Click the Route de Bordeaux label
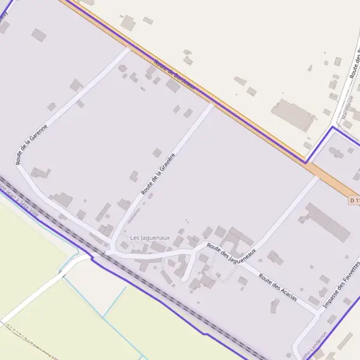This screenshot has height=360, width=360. coord(175,74)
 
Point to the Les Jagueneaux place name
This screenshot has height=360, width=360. coord(150,238)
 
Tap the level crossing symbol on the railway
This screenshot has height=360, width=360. coord(103,254)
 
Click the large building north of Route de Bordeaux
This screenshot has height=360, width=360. coord(293,114)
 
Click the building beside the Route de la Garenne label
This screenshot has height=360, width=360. coord(40,173)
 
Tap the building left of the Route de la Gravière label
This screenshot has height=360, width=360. coord(135,176)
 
